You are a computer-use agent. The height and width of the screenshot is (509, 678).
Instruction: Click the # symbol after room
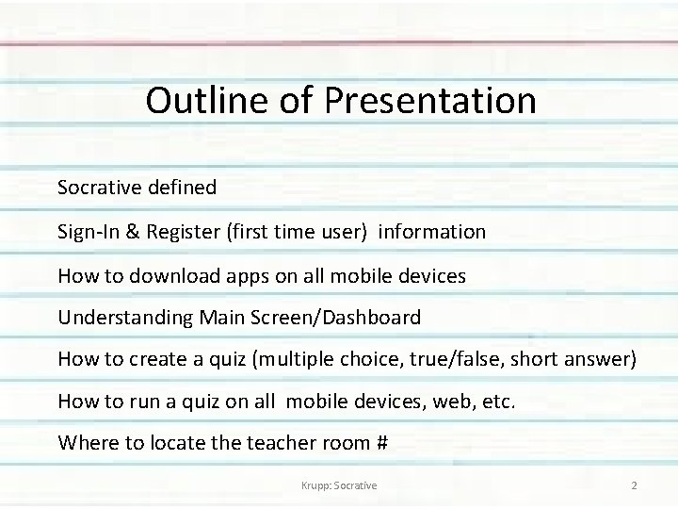tap(380, 442)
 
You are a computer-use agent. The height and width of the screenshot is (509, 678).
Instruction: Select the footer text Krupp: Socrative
tap(336, 485)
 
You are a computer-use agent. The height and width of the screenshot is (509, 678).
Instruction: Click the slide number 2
tap(634, 485)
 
